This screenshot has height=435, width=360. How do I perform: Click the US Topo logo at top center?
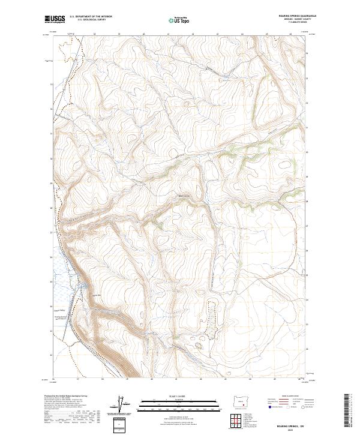coord(179,20)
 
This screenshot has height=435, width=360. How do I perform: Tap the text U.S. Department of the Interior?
coord(91,17)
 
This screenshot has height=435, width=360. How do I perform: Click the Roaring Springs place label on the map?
coord(59,318)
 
